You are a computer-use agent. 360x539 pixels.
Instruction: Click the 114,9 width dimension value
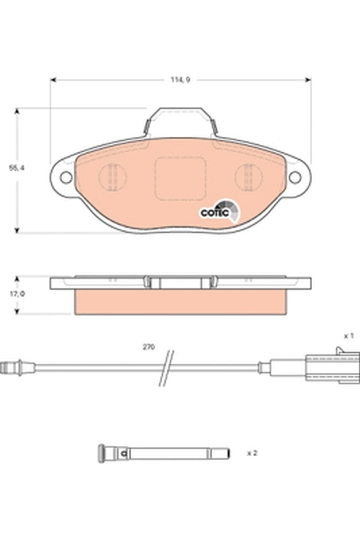180,80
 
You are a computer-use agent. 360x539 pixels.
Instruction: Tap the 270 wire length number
148,347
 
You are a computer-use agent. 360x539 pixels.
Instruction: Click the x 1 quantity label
349,335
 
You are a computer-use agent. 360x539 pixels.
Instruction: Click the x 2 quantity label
252,453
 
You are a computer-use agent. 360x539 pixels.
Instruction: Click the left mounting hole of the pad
66,177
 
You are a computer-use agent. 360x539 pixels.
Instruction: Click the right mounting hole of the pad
295,177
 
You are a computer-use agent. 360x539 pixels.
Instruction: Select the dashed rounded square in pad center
180,179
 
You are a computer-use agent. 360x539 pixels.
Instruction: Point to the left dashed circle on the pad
113,177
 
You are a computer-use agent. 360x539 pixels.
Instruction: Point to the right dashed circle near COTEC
247,177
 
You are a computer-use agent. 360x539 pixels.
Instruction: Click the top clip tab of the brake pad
180,118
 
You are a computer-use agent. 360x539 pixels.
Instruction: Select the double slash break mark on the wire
166,367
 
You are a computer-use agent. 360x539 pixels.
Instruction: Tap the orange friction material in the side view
180,302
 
